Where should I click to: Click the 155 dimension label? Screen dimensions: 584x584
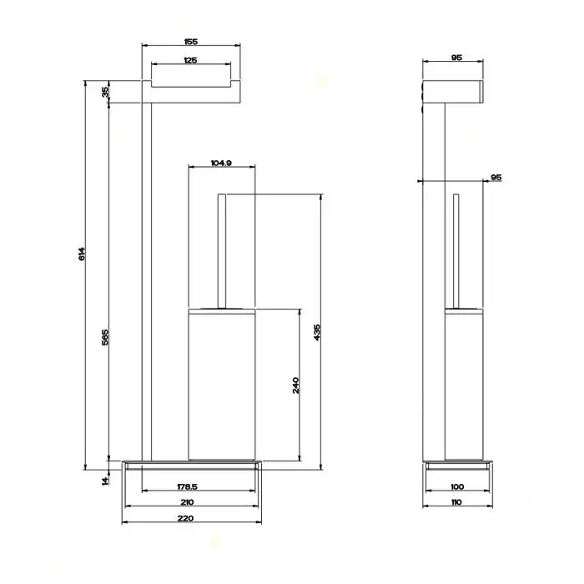click(191, 42)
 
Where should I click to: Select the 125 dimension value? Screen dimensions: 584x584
click(190, 60)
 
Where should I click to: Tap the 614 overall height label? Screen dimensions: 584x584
click(82, 254)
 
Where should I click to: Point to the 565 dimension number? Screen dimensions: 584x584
click(105, 337)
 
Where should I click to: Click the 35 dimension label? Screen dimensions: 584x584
click(105, 92)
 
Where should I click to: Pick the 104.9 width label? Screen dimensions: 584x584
click(221, 163)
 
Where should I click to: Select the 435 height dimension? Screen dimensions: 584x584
click(317, 333)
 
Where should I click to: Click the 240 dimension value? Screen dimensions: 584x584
click(295, 385)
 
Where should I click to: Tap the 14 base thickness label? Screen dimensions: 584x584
click(105, 481)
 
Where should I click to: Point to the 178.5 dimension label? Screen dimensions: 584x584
click(187, 486)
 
